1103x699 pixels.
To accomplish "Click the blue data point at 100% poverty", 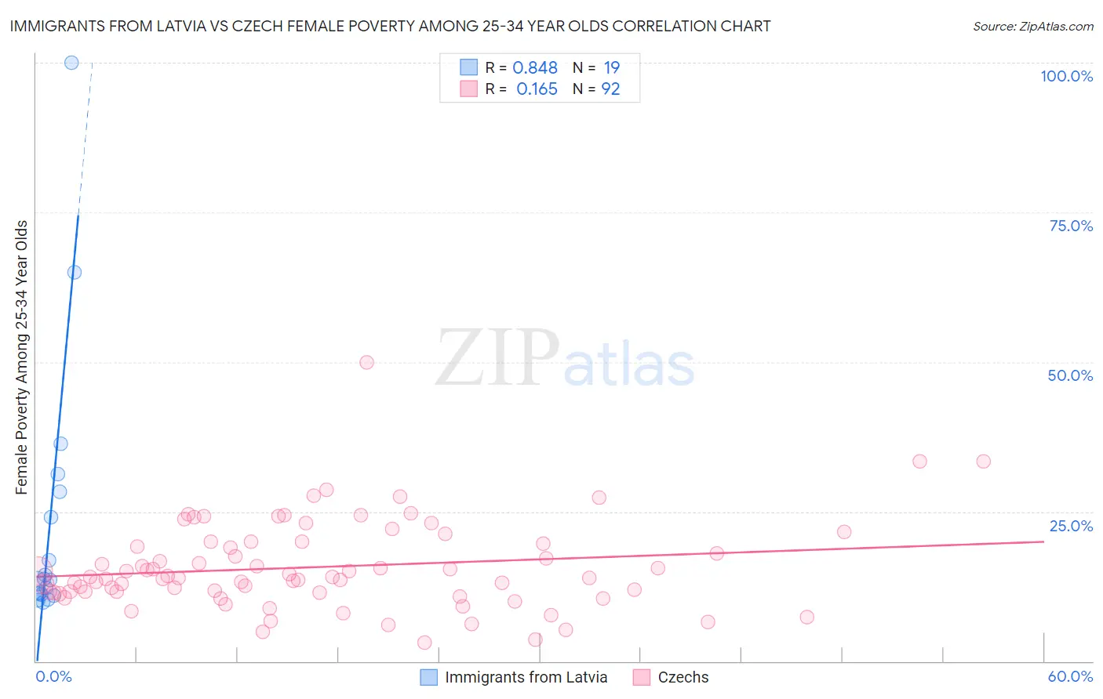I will pyautogui.click(x=71, y=63).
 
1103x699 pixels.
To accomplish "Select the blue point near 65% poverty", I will pyautogui.click(x=75, y=273).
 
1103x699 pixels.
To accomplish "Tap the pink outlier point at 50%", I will pyautogui.click(x=366, y=362).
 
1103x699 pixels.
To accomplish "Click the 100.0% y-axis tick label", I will pyautogui.click(x=1066, y=76).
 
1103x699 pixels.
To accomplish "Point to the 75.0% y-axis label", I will pyautogui.click(x=1071, y=226).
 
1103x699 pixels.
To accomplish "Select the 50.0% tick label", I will pyautogui.click(x=1070, y=375).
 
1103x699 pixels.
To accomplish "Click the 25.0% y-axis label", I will pyautogui.click(x=1071, y=526).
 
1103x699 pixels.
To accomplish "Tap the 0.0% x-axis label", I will pyautogui.click(x=54, y=676).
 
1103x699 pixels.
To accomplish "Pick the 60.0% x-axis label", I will pyautogui.click(x=1070, y=676).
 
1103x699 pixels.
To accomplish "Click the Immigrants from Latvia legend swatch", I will pyautogui.click(x=428, y=677).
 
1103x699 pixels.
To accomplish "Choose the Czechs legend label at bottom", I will pyautogui.click(x=683, y=677).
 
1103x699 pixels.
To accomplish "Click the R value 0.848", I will pyautogui.click(x=535, y=68).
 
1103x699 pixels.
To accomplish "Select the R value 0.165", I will pyautogui.click(x=537, y=89).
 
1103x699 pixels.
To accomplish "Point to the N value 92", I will pyautogui.click(x=610, y=89).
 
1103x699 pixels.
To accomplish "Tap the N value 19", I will pyautogui.click(x=611, y=68).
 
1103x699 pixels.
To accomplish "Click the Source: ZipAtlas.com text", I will pyautogui.click(x=1032, y=26).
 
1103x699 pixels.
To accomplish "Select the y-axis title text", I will pyautogui.click(x=22, y=357).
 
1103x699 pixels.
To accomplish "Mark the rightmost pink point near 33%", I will pyautogui.click(x=983, y=462).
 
